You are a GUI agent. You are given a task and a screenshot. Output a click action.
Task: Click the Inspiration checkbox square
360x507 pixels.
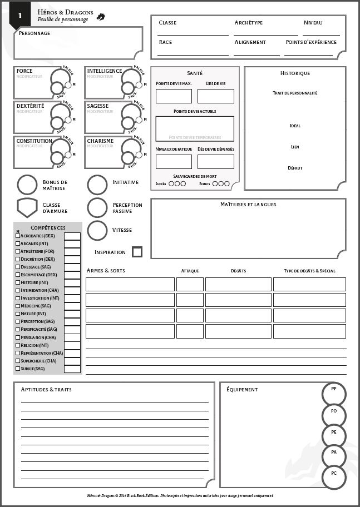click(x=137, y=252)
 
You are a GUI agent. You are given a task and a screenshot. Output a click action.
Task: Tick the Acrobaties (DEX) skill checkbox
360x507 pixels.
click(x=18, y=236)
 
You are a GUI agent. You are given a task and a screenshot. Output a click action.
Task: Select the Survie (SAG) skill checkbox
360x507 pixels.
click(x=18, y=369)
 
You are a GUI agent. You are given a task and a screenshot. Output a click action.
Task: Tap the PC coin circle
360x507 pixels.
click(x=334, y=477)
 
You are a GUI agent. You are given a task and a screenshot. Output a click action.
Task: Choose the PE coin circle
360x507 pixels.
click(x=334, y=435)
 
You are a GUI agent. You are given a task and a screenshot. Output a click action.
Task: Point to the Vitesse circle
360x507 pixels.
click(x=97, y=230)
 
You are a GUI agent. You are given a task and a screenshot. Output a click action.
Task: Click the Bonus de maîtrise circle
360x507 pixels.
click(x=27, y=185)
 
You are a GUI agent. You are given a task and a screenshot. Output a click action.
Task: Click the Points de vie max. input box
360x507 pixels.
click(x=174, y=96)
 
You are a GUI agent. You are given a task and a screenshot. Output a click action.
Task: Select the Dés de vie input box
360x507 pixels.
click(x=216, y=96)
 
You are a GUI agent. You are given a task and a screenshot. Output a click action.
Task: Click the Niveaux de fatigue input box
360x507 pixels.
click(x=174, y=162)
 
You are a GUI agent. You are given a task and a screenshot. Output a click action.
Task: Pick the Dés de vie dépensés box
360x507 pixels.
click(x=216, y=162)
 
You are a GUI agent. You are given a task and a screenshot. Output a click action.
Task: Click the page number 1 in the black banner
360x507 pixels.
click(x=20, y=16)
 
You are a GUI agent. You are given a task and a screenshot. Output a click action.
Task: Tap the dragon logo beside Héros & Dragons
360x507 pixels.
click(x=101, y=17)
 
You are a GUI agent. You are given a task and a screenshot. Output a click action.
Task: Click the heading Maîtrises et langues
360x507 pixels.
click(x=248, y=205)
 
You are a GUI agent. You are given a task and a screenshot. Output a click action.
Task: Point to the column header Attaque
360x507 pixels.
click(x=190, y=271)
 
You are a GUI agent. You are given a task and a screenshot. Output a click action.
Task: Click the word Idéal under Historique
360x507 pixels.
click(x=295, y=126)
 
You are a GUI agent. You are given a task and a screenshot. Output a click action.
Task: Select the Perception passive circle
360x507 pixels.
click(x=97, y=207)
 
